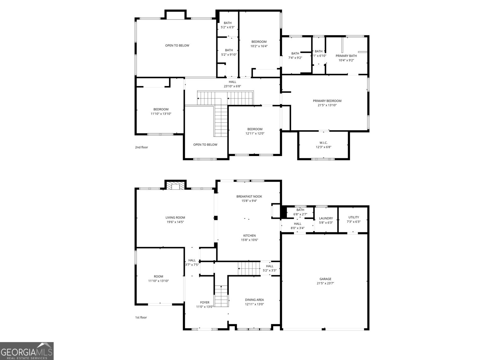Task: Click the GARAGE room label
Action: (x=325, y=279)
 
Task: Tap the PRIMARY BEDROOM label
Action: (x=327, y=101)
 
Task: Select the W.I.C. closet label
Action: (x=323, y=142)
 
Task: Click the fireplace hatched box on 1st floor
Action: (x=175, y=185)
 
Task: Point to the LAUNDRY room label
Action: (x=326, y=218)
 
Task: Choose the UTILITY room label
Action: (x=353, y=217)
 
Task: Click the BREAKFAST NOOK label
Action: (x=249, y=196)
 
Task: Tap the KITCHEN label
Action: (x=249, y=235)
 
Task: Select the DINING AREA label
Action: (x=254, y=300)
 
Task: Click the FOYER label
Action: (x=204, y=302)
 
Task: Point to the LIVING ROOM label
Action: (x=175, y=217)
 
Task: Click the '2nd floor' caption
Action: (x=141, y=147)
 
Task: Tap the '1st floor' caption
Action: (x=141, y=317)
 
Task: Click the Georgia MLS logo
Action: (x=27, y=351)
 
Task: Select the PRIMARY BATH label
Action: (x=346, y=55)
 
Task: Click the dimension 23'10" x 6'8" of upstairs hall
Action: (x=232, y=86)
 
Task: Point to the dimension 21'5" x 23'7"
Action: (x=325, y=283)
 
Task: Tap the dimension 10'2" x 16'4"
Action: (x=259, y=46)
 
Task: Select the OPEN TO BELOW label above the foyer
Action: (x=205, y=145)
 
